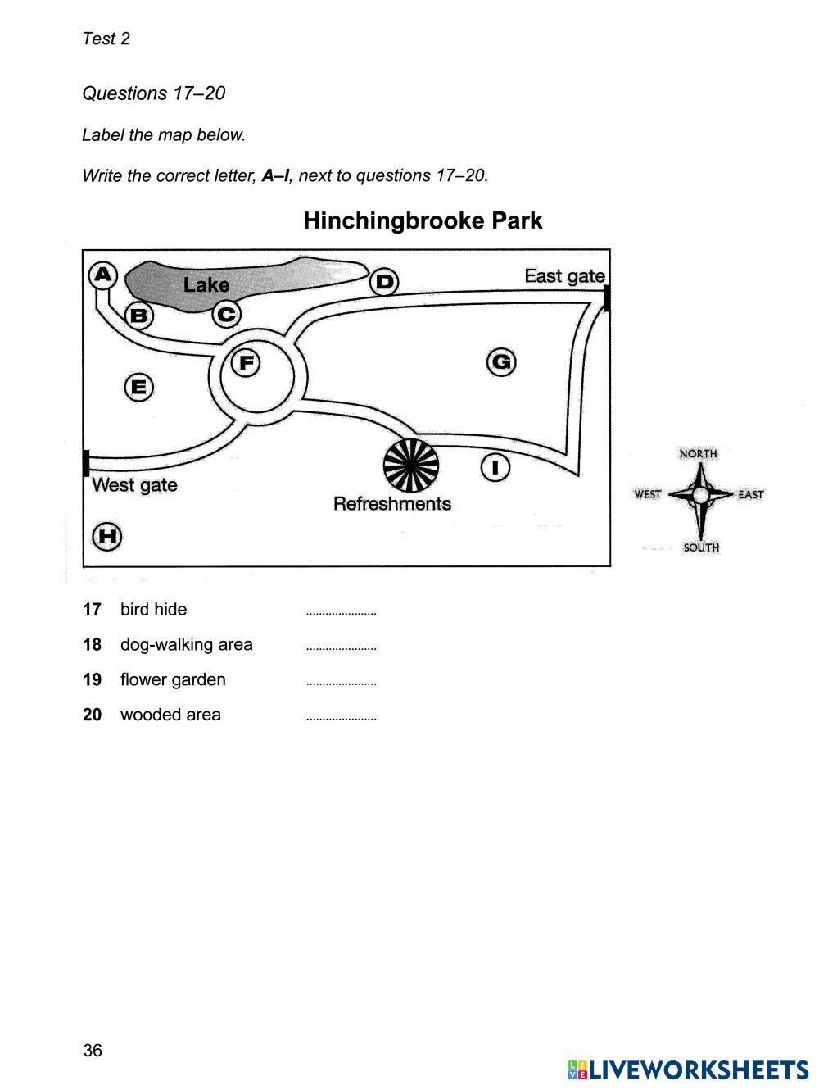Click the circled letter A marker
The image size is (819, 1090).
click(103, 275)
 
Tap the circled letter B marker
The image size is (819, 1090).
click(139, 315)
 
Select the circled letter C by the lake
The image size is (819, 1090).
click(227, 314)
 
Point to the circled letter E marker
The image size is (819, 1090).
click(138, 387)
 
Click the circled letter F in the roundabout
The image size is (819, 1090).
click(245, 361)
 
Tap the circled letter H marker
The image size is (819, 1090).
click(107, 538)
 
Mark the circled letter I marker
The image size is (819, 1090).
click(495, 468)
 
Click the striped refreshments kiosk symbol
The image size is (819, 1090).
click(411, 466)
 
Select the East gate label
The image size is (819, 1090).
click(564, 276)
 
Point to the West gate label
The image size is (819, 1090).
click(135, 485)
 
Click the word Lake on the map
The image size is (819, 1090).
click(206, 285)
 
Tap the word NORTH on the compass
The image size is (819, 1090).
click(698, 453)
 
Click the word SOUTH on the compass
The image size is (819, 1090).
click(701, 547)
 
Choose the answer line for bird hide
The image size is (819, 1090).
click(341, 611)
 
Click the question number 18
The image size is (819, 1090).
click(92, 645)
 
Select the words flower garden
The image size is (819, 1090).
click(173, 680)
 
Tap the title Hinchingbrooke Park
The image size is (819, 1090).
click(423, 221)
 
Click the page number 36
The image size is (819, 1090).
click(93, 1051)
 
